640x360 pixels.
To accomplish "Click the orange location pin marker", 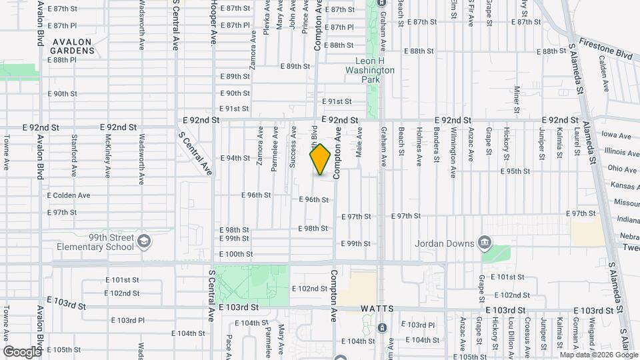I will [x=321, y=159].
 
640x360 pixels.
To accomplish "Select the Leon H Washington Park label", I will [x=370, y=74].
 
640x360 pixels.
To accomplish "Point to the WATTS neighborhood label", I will [x=379, y=309].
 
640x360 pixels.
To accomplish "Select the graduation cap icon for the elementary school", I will [x=143, y=240].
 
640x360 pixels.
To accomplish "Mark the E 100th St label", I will [x=236, y=254].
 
